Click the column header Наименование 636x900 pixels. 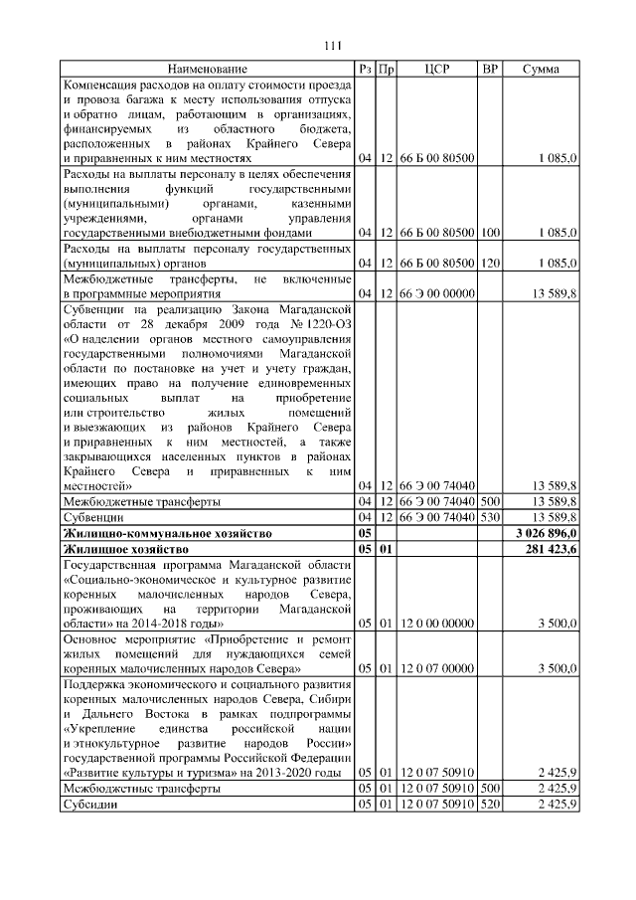pyautogui.click(x=207, y=69)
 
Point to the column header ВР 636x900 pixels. pyautogui.click(x=489, y=69)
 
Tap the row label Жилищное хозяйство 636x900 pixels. pyautogui.click(x=125, y=549)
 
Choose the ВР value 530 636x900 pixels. pyautogui.click(x=489, y=517)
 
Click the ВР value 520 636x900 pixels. pyautogui.click(x=489, y=805)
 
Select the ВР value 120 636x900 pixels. pyautogui.click(x=489, y=264)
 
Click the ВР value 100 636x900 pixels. pyautogui.click(x=489, y=233)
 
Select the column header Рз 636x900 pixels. pyautogui.click(x=365, y=69)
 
